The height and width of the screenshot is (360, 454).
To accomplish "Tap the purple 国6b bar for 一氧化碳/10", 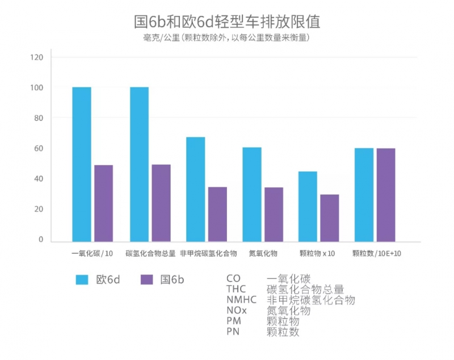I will point(103,203).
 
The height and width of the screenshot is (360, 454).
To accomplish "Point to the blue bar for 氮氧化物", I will point(252,194).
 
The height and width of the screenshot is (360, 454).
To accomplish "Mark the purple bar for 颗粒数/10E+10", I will point(386,194).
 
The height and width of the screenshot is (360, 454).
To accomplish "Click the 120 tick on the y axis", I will point(37,57).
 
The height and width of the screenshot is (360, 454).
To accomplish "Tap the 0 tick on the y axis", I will point(40,240).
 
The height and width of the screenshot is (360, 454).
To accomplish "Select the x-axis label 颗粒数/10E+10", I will point(377,253).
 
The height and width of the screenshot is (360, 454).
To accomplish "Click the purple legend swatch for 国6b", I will point(147,279).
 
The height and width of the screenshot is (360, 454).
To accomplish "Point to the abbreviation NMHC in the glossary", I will point(241,300).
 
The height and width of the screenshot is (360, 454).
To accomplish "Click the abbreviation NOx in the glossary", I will point(237,311).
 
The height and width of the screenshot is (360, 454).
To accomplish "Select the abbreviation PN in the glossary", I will point(233,332).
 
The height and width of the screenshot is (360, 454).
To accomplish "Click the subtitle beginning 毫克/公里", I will point(226,37).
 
